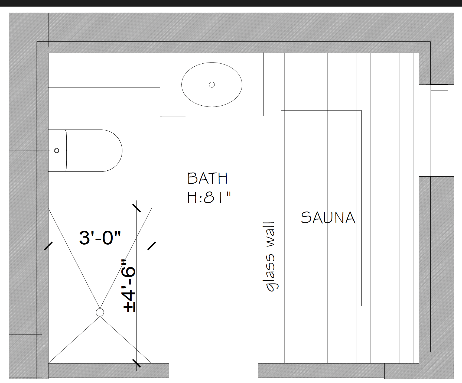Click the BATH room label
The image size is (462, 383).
[x=207, y=178]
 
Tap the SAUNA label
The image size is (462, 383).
[x=328, y=218]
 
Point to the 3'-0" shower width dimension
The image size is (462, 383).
[x=100, y=238]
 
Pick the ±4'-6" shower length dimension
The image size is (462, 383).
[x=129, y=286]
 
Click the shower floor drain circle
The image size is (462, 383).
[x=100, y=312]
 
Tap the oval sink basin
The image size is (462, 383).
[x=212, y=85]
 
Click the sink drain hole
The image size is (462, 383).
[x=212, y=85]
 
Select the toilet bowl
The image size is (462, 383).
[x=97, y=151]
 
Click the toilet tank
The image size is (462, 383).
[x=57, y=151]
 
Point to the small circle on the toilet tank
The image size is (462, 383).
[x=57, y=151]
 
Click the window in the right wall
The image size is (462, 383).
[x=436, y=131]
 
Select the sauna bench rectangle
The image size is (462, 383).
[x=321, y=208]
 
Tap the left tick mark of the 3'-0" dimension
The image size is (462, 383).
[x=48, y=246]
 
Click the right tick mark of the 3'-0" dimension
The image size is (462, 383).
[x=152, y=246]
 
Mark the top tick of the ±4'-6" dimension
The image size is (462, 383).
[x=137, y=208]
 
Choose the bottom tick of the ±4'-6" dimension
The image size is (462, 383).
[x=137, y=363]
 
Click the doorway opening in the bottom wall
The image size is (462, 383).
[x=213, y=370]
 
